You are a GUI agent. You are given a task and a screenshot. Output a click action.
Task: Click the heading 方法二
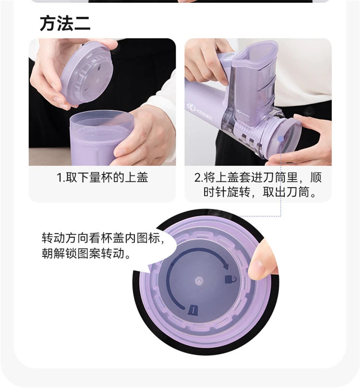pos(65,23)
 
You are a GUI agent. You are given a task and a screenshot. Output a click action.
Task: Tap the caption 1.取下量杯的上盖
pos(102,177)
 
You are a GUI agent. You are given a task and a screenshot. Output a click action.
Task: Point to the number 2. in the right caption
pos(198,177)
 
